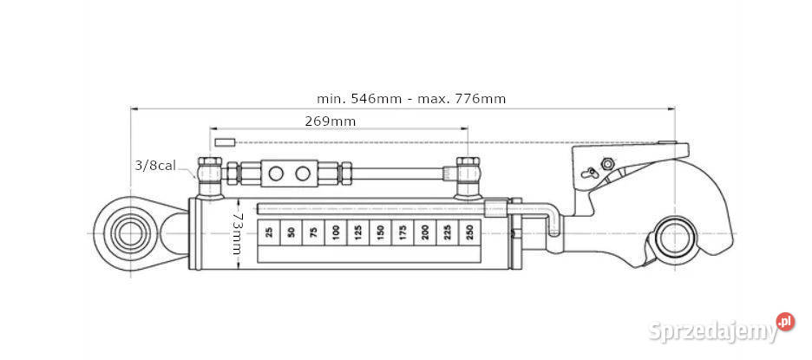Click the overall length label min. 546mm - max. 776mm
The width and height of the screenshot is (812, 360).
(x=412, y=99)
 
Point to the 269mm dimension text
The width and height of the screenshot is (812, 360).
(x=330, y=121)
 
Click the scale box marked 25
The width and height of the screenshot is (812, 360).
(x=269, y=232)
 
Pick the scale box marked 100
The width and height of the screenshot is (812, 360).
(x=335, y=232)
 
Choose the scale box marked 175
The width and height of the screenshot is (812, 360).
(x=402, y=232)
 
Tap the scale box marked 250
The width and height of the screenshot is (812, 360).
(x=469, y=232)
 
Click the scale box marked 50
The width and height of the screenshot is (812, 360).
(x=291, y=232)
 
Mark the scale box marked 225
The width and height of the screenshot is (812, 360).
(x=447, y=232)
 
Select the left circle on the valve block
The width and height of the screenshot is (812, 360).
(x=276, y=173)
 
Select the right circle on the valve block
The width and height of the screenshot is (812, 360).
(x=302, y=173)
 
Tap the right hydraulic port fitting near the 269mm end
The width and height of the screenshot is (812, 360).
(x=468, y=176)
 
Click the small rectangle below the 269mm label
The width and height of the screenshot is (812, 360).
(x=226, y=141)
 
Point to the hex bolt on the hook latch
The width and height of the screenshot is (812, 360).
(x=607, y=165)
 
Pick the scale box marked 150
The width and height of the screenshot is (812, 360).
(x=379, y=232)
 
